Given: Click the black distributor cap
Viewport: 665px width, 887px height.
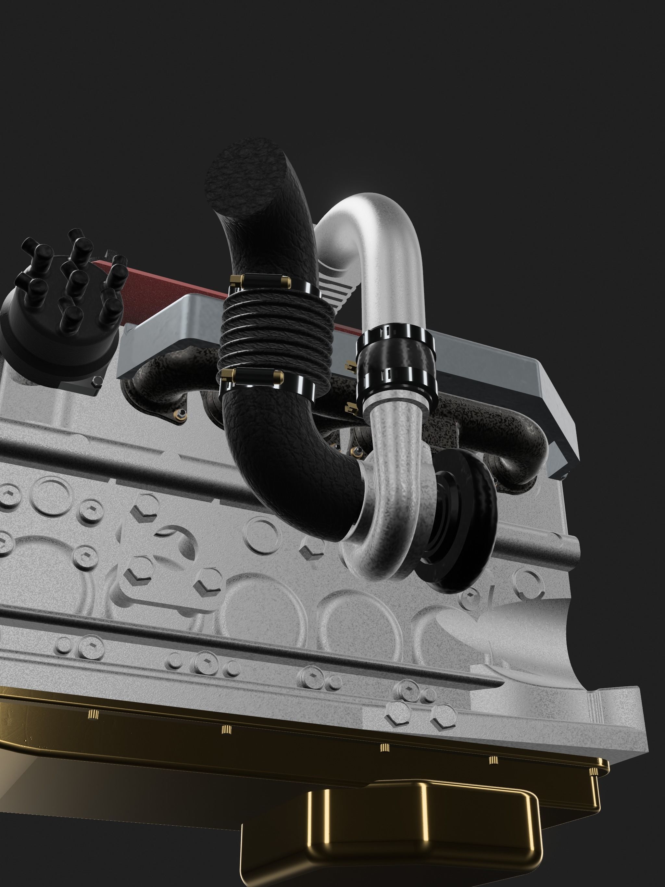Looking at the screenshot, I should pyautogui.click(x=60, y=329).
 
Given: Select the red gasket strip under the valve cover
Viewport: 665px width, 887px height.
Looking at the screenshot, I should pyautogui.click(x=169, y=281).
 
